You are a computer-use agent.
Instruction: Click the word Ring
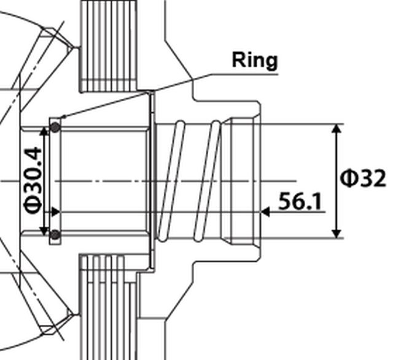point(255,60)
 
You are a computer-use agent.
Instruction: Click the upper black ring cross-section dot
point(55,127)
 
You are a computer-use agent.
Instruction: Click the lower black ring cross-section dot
point(55,234)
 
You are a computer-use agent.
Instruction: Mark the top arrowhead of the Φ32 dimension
point(336,128)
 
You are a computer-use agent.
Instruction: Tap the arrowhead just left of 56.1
point(266,212)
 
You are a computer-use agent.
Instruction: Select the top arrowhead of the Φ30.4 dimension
point(44,131)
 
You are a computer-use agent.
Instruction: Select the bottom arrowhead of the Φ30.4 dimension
point(44,231)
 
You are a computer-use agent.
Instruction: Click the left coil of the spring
point(170,181)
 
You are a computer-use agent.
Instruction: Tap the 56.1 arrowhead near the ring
point(55,212)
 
